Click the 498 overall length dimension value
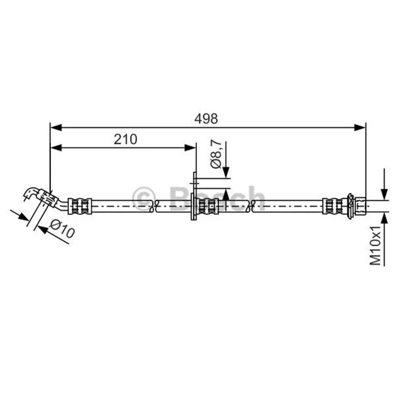click(206, 119)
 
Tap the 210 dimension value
click(126, 139)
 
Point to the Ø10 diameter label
click(63, 229)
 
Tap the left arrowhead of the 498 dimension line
click(56, 128)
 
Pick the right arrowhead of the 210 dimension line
click(190, 148)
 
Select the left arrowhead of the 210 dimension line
click(56, 148)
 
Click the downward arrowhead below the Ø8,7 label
click(226, 172)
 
